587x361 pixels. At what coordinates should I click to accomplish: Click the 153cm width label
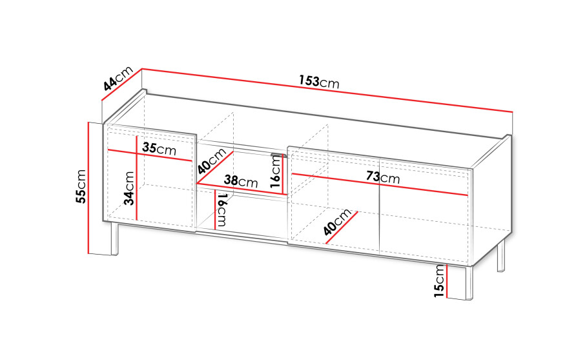point(319,81)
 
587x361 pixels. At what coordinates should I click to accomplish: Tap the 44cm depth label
point(118,79)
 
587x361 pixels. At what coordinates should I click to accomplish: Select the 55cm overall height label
point(81,186)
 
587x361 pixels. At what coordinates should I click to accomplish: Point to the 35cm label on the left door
point(159,148)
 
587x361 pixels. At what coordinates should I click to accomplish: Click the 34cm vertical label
point(129,188)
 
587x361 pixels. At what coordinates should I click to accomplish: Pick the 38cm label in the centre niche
point(241,181)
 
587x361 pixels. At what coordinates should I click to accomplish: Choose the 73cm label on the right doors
point(383,177)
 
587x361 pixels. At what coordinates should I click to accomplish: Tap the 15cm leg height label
point(440,281)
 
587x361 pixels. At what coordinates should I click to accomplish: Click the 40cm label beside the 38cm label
point(212,161)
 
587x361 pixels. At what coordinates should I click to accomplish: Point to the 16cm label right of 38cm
point(275,171)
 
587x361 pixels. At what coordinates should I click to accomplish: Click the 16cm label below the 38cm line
point(221,210)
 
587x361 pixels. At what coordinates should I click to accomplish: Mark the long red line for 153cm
point(327,90)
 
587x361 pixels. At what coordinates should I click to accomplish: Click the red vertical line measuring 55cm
point(88,188)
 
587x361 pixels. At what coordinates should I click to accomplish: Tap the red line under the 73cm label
point(380,184)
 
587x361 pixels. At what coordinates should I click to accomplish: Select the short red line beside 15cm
point(447,280)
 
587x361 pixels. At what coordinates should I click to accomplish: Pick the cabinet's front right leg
point(469,283)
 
